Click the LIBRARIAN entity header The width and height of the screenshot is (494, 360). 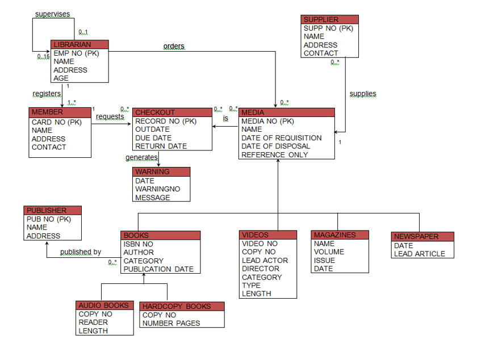[x=79, y=44]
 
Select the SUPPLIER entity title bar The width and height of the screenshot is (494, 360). [x=329, y=19]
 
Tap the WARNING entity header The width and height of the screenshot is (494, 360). [x=162, y=171]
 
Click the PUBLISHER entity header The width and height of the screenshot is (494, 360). [x=53, y=210]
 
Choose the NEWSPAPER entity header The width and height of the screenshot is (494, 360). [x=422, y=236]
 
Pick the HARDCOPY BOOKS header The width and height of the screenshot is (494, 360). [x=182, y=306]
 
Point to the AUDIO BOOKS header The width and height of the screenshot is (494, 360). [x=106, y=305]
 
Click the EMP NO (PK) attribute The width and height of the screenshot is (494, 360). [x=76, y=53]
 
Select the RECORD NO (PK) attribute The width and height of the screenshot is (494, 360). [x=166, y=121]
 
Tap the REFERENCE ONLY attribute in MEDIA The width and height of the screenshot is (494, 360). [x=275, y=154]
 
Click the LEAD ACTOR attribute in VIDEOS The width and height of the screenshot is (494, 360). [x=265, y=260]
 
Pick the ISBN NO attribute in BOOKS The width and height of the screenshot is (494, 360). [x=139, y=244]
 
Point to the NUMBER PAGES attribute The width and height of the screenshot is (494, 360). [x=171, y=323]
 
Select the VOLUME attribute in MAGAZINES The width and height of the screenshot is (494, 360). [x=329, y=252]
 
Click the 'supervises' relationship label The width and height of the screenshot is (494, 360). [x=53, y=14]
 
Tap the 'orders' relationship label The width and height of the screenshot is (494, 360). [x=174, y=46]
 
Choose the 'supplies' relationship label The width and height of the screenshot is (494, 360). [x=363, y=94]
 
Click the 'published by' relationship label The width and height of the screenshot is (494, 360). [x=81, y=252]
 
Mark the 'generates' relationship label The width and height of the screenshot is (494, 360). [x=141, y=157]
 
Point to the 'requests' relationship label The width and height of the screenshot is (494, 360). [x=110, y=116]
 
